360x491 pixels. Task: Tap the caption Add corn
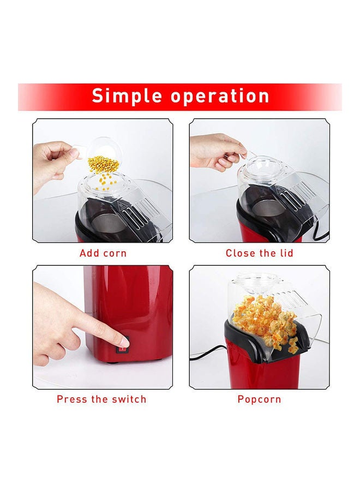click(x=103, y=253)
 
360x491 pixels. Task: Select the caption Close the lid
click(x=259, y=253)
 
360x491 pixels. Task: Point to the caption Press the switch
click(x=101, y=399)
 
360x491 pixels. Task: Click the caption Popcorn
click(x=259, y=399)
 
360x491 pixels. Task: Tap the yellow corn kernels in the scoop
click(x=103, y=163)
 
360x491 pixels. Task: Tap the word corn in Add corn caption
click(x=115, y=253)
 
